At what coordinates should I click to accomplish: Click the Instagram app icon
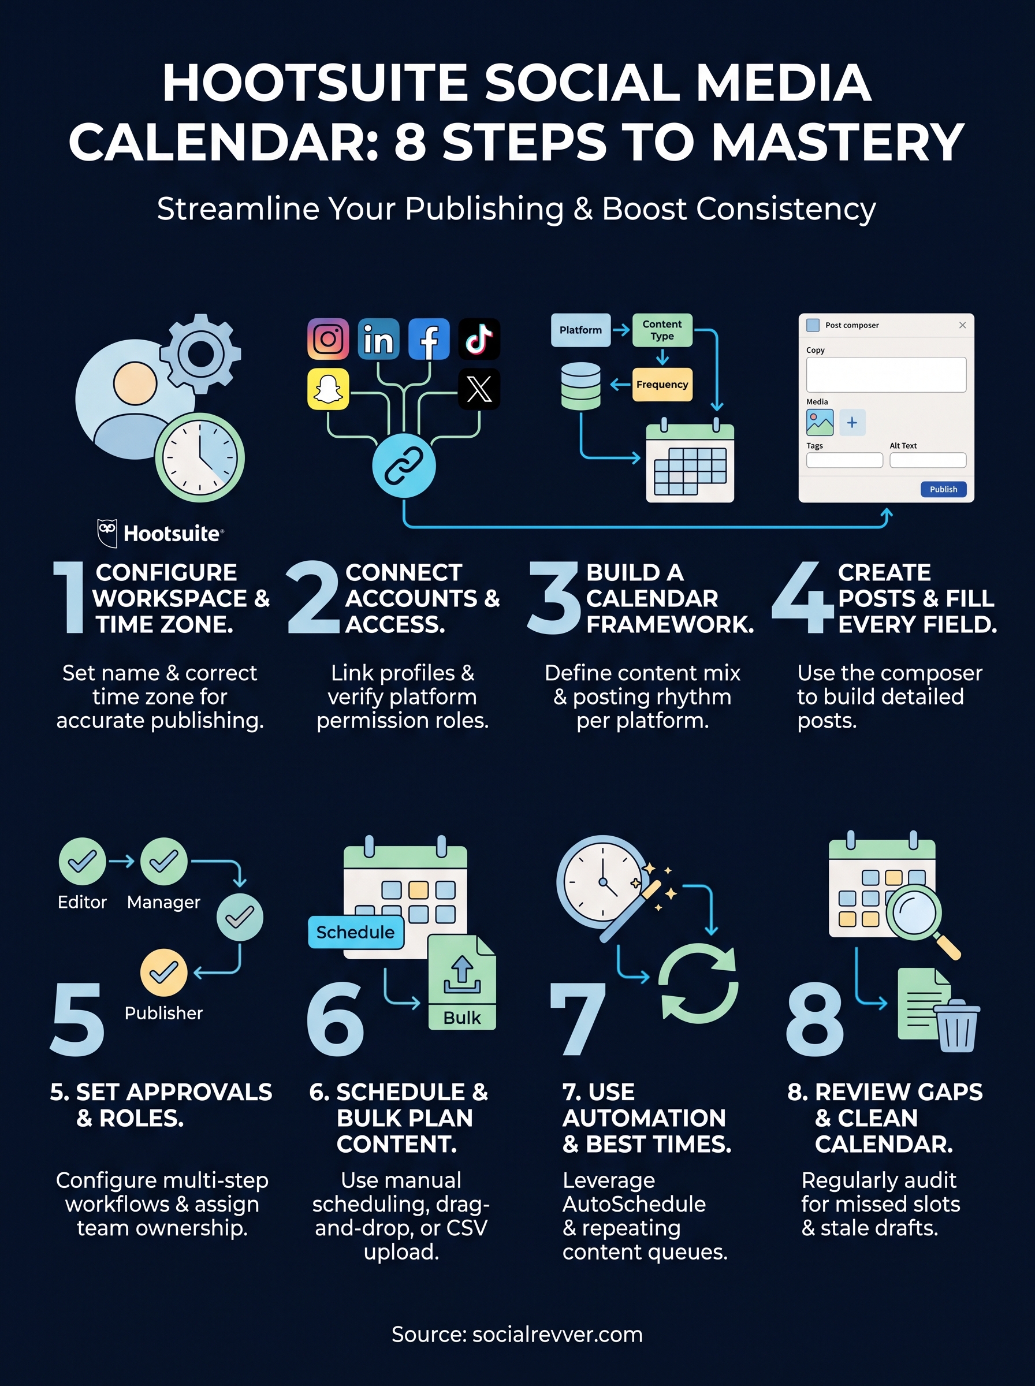[x=327, y=339]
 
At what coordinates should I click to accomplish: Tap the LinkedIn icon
[x=378, y=339]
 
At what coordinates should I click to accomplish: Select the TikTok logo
[x=479, y=339]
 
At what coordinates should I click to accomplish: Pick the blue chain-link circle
[x=404, y=465]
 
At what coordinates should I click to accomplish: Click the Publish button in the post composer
[x=943, y=489]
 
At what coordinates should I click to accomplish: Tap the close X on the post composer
[x=962, y=325]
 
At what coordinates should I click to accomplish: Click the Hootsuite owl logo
[x=107, y=533]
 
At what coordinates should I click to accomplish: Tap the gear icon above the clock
[x=200, y=354]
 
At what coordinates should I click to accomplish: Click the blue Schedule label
[x=355, y=932]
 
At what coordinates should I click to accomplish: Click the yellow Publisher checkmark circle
[x=163, y=972]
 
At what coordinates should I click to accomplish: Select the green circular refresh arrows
[x=698, y=984]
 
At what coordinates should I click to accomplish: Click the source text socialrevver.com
[x=557, y=1334]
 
